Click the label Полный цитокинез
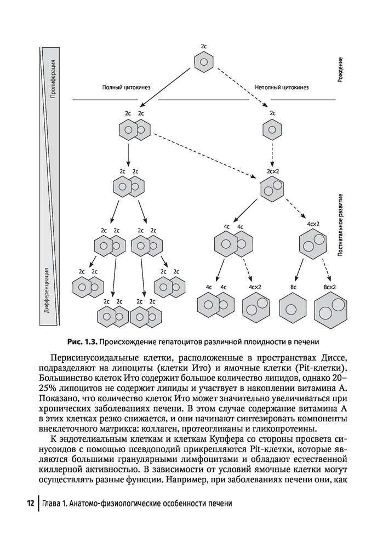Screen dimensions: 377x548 pyautogui.click(x=126, y=87)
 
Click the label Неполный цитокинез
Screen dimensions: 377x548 pyautogui.click(x=282, y=87)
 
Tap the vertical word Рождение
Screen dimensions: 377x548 pyautogui.click(x=340, y=70)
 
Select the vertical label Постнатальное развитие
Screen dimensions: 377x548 pyautogui.click(x=340, y=225)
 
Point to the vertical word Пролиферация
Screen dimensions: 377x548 pyautogui.click(x=53, y=78)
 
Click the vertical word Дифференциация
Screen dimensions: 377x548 pyautogui.click(x=46, y=290)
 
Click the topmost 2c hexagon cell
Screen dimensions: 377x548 pyautogui.click(x=204, y=62)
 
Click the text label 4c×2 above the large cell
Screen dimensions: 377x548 pyautogui.click(x=313, y=224)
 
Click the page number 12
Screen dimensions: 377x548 pyautogui.click(x=31, y=504)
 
